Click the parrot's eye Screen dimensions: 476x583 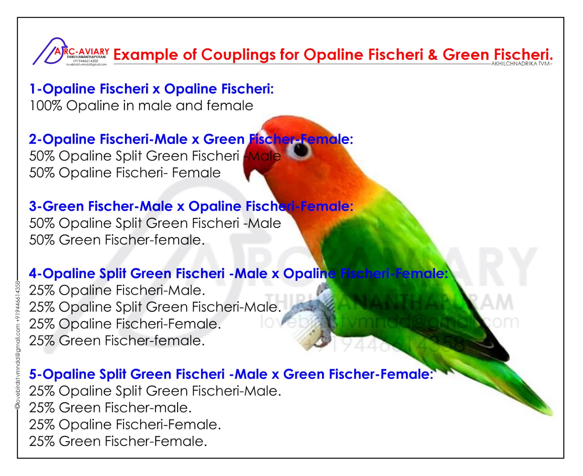point(301,150)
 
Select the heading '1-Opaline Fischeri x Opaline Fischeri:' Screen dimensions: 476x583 point(151,89)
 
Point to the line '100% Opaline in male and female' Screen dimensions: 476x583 point(141,106)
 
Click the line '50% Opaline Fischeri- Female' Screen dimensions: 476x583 point(125,173)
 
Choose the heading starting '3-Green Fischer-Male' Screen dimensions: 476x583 point(191,206)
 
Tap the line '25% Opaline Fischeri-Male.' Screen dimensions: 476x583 point(117,290)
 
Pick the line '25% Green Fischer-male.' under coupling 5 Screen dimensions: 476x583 point(110,408)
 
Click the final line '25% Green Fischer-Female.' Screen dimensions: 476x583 point(118,441)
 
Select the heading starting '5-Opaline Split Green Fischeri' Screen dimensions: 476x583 point(231,374)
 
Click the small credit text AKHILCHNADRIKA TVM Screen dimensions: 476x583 point(521,64)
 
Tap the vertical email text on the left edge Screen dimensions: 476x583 point(17,344)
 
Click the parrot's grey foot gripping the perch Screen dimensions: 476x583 point(310,306)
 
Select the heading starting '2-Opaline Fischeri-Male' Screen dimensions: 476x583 point(191,139)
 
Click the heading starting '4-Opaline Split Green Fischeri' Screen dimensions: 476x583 point(238,274)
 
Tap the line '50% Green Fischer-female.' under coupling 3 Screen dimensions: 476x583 point(117,240)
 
